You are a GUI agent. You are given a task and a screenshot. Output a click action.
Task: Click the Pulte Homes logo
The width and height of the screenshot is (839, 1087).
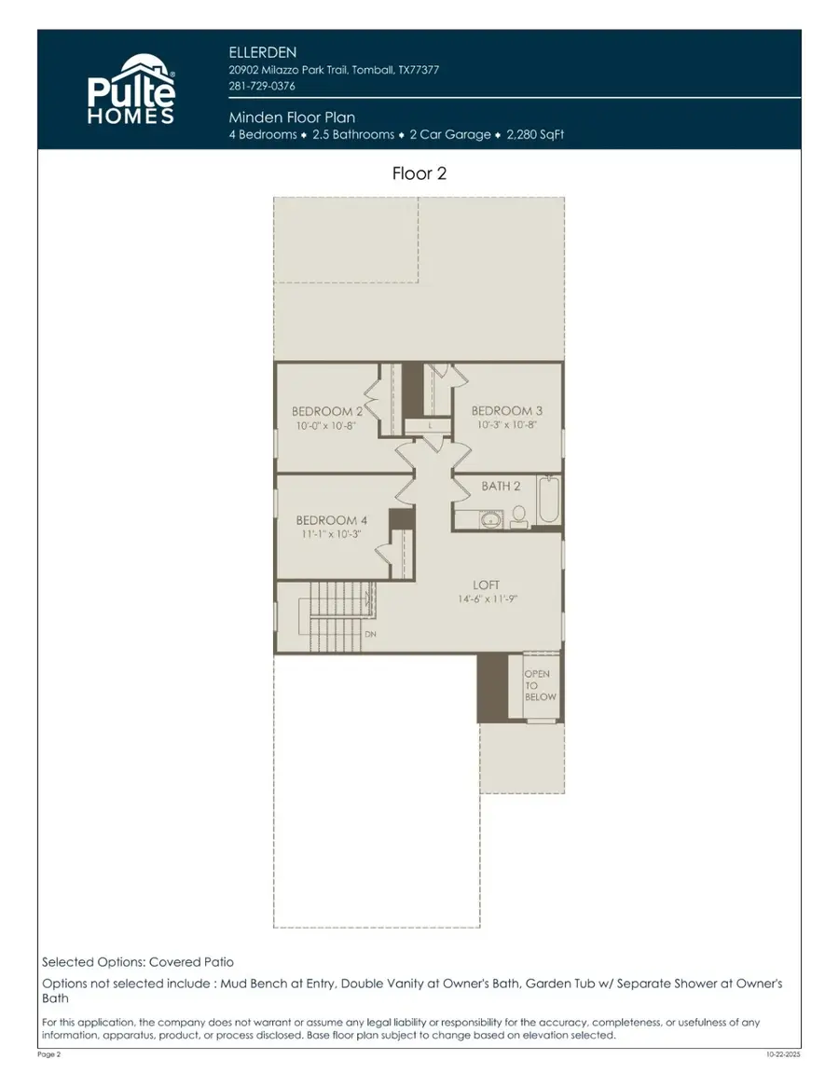tap(131, 90)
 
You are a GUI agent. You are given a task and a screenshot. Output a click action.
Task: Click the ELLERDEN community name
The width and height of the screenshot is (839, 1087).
tap(262, 53)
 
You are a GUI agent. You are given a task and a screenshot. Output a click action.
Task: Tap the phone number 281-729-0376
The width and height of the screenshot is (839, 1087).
tap(261, 86)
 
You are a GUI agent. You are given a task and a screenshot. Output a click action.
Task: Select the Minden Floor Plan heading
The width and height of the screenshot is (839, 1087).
tap(292, 117)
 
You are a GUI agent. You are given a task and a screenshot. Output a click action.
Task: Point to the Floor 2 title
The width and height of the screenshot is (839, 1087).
tap(419, 173)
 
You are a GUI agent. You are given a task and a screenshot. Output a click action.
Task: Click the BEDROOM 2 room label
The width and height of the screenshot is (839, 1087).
tap(326, 411)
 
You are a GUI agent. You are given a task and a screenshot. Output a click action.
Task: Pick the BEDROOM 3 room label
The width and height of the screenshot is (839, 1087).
tap(507, 410)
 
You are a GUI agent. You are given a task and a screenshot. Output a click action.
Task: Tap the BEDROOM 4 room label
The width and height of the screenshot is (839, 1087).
tap(332, 520)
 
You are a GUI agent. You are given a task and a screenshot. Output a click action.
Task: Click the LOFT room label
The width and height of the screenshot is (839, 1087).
tap(486, 585)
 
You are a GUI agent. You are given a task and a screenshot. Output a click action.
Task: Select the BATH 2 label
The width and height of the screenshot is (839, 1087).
tap(501, 486)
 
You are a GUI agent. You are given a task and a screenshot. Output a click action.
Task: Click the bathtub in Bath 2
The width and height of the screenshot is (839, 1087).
tap(548, 499)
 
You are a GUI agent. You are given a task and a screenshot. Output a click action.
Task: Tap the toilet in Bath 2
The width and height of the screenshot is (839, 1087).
tap(518, 515)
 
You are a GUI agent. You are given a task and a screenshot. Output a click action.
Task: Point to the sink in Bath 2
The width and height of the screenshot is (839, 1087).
tap(491, 519)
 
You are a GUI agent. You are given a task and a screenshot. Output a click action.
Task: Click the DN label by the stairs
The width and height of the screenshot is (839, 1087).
tap(370, 634)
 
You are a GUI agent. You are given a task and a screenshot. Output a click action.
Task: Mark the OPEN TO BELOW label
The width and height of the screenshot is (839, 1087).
tap(540, 685)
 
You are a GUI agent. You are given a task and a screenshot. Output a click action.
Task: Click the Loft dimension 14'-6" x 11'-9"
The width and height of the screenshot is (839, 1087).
tap(488, 599)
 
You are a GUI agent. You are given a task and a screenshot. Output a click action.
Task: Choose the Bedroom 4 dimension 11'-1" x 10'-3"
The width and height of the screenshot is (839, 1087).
tap(332, 534)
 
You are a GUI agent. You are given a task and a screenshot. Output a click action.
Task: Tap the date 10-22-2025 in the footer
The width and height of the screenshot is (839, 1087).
tap(783, 1054)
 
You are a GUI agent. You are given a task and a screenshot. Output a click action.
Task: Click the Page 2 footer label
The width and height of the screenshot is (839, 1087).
tap(49, 1054)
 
